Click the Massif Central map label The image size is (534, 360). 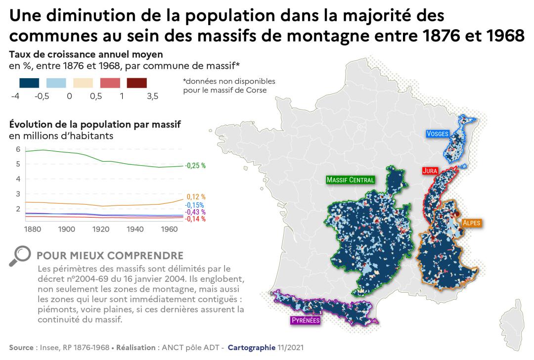coord(350,180)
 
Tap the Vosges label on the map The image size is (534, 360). coord(438,134)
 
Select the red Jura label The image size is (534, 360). coord(429,171)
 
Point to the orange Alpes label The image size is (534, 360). coord(471,223)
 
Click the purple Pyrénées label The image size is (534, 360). coord(305,320)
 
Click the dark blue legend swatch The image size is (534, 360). coord(29,83)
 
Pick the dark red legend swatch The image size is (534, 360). coord(137,83)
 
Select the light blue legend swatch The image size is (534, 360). coord(56,83)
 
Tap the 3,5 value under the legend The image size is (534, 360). coord(152,96)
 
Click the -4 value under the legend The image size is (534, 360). coord(15,96)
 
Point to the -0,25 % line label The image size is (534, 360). coord(195,166)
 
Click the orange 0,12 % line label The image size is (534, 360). coord(196,197)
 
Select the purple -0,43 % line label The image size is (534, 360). coord(195,212)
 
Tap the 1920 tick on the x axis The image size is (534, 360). coord(101,229)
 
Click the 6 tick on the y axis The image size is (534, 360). coord(18,149)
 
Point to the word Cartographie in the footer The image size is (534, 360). coord(250,348)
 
